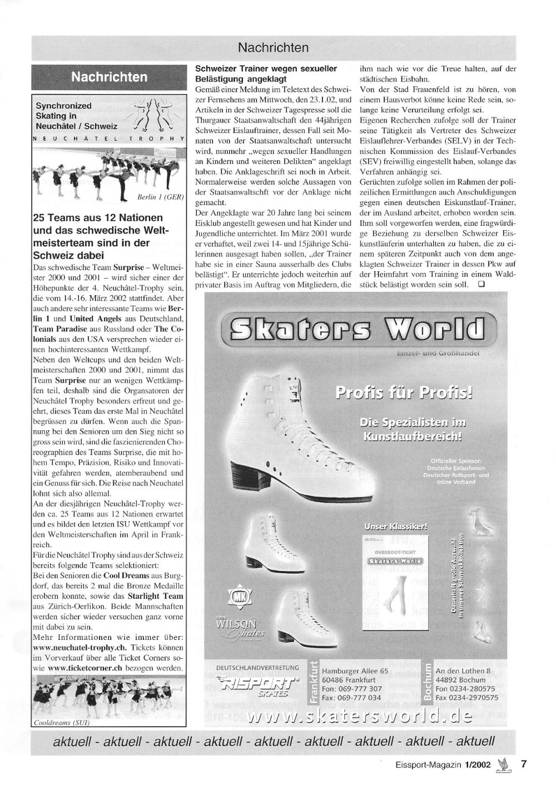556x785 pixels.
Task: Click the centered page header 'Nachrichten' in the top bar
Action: coord(272,48)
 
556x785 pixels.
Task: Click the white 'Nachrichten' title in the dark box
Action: coord(110,77)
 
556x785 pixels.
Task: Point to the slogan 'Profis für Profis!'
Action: coord(404,394)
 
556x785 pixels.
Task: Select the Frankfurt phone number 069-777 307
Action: coord(351,689)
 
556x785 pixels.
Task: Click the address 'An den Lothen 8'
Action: coord(463,671)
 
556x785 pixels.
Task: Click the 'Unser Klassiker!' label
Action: coord(396,526)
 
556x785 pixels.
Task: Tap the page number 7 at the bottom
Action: coord(524,763)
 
